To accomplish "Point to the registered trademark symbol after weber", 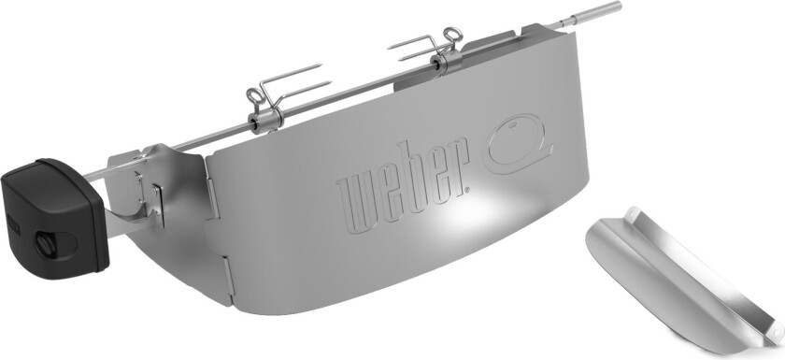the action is click(466, 189).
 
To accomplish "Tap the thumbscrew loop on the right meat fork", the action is click(452, 35).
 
